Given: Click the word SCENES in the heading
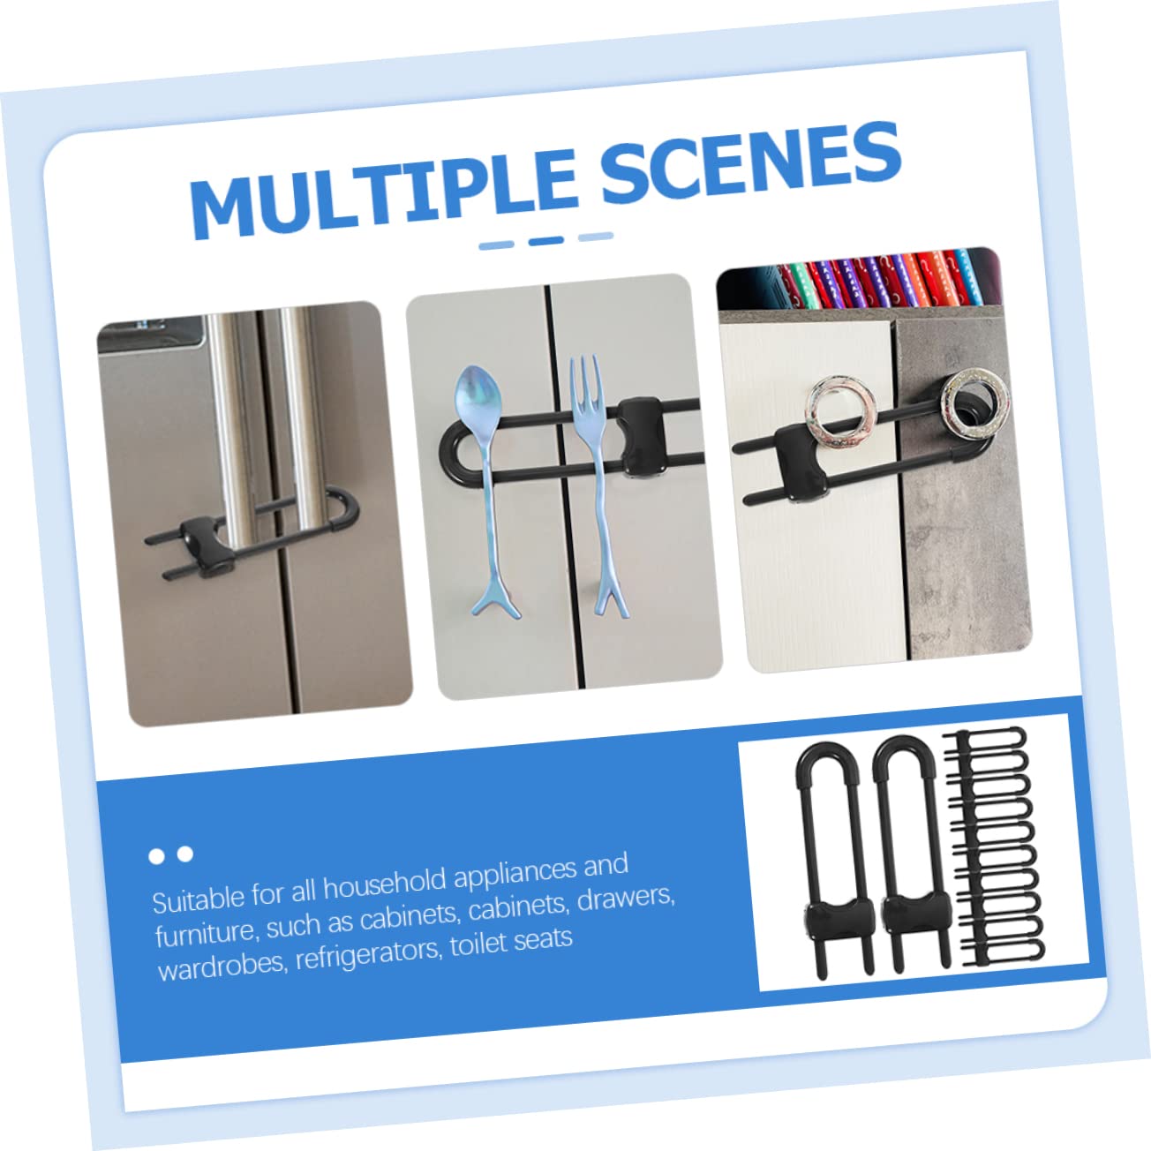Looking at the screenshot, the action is coord(751,161).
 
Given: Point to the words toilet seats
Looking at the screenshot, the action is coord(512,945).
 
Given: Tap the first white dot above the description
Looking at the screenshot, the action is coord(156,856).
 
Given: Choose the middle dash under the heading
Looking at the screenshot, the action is coord(546,241).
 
